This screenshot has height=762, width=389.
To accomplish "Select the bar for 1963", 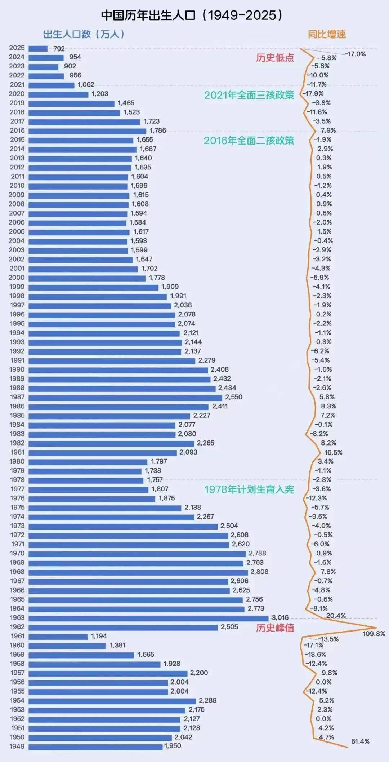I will [148, 618].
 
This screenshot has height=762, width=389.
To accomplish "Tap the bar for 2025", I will [38, 48].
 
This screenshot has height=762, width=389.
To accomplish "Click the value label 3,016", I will [280, 618].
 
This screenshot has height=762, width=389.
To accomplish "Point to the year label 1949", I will [17, 746].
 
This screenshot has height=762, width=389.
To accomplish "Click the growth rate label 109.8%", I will [374, 634].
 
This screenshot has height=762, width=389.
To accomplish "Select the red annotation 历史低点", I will [275, 58].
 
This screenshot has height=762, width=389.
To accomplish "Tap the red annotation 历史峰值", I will [275, 628].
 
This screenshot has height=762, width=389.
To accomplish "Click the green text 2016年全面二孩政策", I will [249, 141].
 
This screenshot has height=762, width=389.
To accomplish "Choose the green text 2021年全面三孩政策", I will [249, 95].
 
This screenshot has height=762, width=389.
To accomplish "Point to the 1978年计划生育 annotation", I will [249, 489].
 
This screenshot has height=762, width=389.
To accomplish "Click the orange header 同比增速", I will [327, 35].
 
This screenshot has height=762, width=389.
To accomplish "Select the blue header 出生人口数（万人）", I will [84, 34].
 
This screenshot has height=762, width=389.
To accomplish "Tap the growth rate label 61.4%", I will [360, 741].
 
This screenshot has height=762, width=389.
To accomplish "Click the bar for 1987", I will [125, 398].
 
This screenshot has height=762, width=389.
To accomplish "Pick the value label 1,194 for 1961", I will [99, 636].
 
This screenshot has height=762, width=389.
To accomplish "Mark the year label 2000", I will [17, 278].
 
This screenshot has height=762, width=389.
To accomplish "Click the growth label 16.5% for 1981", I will [333, 452].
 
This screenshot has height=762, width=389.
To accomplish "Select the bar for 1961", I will [58, 637].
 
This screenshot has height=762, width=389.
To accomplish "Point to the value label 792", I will [59, 49].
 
